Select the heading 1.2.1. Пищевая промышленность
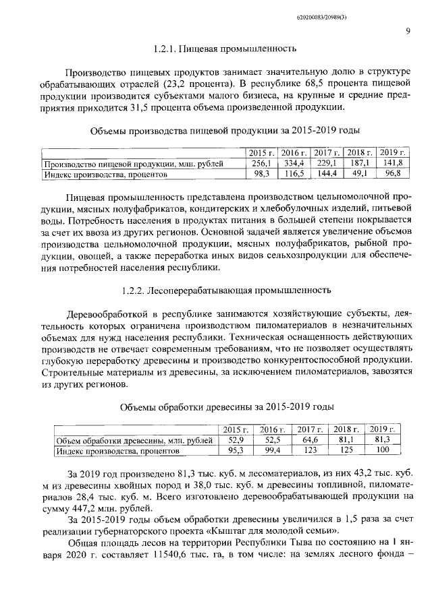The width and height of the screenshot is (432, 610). click(225, 49)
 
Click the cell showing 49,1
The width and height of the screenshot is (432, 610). click(358, 173)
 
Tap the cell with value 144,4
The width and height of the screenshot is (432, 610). click(327, 173)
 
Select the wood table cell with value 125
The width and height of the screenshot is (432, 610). click(346, 450)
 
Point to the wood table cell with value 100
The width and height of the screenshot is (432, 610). click(383, 450)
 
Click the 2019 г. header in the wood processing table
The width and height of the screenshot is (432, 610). click(383, 429)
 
